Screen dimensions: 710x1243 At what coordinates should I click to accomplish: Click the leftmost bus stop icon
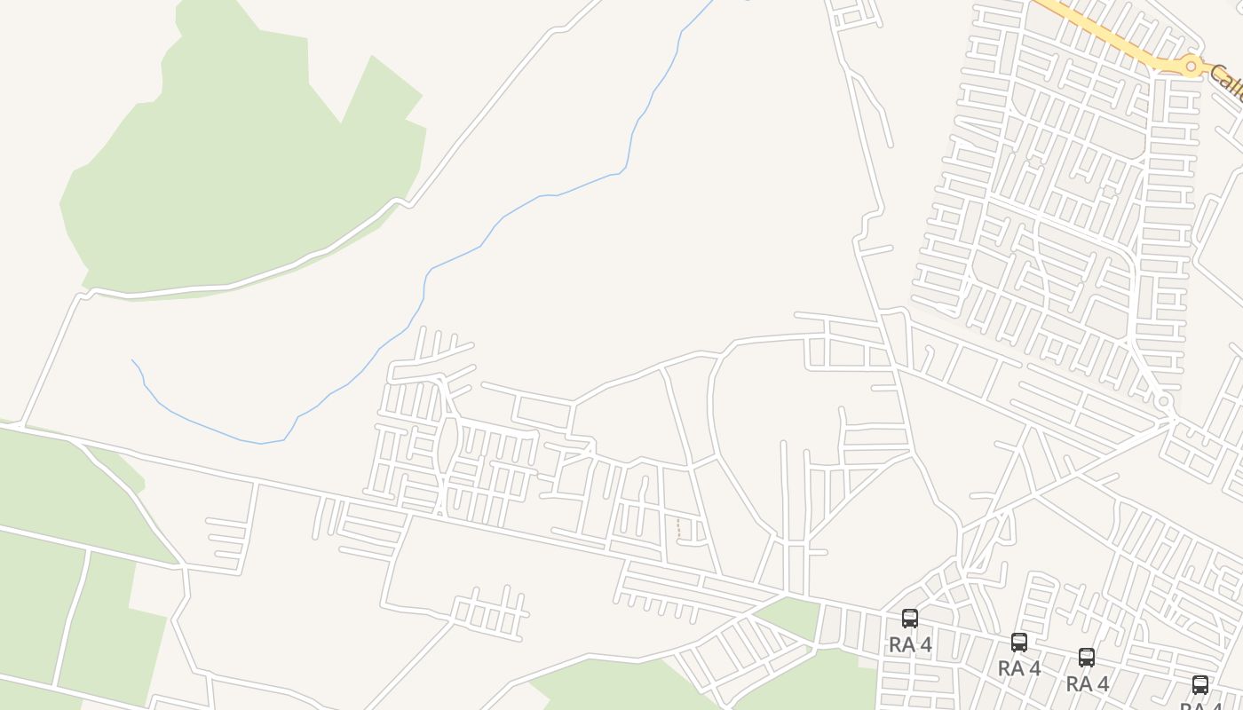click(910, 619)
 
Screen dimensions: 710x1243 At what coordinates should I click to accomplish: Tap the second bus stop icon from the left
click(1019, 642)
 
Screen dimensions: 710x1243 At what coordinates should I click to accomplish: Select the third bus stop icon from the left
click(1087, 658)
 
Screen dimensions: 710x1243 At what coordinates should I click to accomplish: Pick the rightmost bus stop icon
click(1200, 685)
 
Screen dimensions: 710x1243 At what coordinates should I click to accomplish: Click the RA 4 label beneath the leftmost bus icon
click(910, 645)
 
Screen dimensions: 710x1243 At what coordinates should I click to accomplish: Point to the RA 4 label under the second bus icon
click(1019, 668)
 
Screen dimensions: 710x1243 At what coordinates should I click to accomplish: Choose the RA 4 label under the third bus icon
click(1087, 684)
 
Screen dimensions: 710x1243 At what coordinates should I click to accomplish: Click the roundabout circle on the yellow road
click(1192, 67)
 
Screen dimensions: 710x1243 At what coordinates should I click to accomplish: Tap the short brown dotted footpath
click(679, 528)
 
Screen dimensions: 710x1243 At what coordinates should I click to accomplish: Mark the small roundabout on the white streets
click(1164, 402)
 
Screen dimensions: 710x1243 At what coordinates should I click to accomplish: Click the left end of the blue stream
click(133, 361)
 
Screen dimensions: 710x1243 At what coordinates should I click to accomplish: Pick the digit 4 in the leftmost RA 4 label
click(926, 645)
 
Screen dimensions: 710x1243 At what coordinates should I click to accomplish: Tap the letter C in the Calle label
click(1215, 73)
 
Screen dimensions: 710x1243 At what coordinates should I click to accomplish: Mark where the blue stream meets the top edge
click(711, 3)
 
